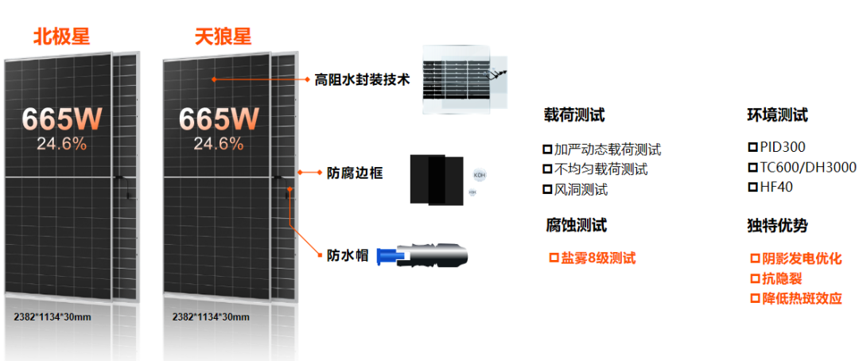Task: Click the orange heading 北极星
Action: (x=61, y=37)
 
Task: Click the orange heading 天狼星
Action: (x=223, y=37)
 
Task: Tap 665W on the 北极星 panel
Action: (x=62, y=118)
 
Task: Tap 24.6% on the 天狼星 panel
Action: (x=219, y=144)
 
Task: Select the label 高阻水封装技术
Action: (x=362, y=80)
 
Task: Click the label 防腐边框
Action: (x=355, y=173)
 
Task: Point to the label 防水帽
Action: (x=348, y=255)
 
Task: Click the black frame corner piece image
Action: (x=436, y=179)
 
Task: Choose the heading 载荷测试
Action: (x=574, y=115)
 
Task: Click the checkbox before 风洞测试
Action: (x=547, y=189)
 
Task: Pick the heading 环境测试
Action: (x=777, y=115)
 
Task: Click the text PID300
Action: (x=783, y=147)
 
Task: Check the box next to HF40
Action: (x=752, y=188)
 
